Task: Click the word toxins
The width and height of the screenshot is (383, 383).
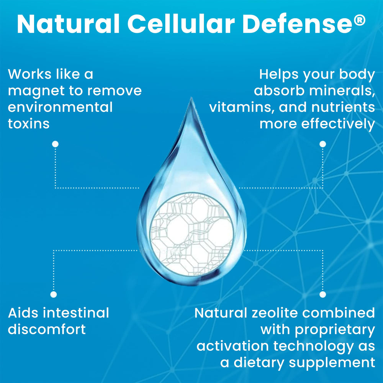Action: pyautogui.click(x=29, y=124)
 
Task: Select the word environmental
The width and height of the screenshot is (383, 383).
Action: pyautogui.click(x=60, y=107)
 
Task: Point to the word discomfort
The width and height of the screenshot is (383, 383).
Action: pyautogui.click(x=47, y=329)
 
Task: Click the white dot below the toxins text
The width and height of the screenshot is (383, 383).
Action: pyautogui.click(x=55, y=144)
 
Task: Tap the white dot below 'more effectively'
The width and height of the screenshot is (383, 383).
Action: pyautogui.click(x=323, y=144)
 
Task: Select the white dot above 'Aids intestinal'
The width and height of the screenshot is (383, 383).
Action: pyautogui.click(x=54, y=294)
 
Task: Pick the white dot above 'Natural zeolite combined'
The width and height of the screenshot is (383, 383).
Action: pyautogui.click(x=323, y=294)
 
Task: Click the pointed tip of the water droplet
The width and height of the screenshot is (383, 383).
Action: pyautogui.click(x=190, y=99)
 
